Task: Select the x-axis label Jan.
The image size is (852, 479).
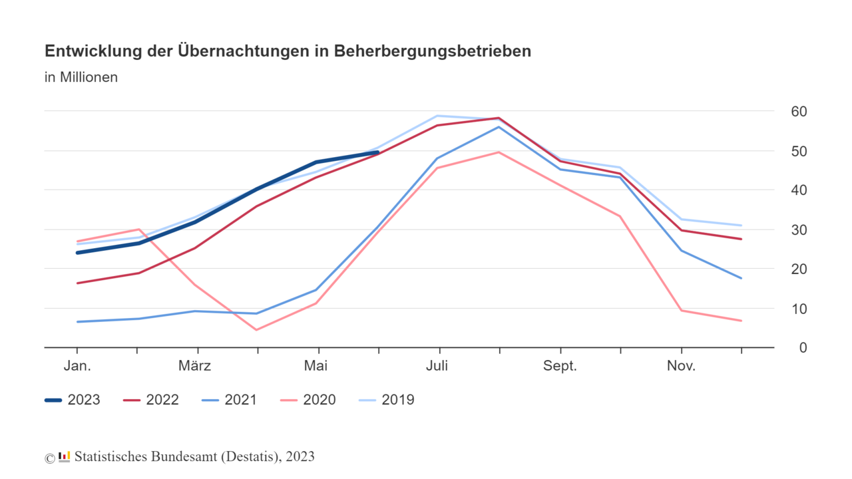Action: pos(77,366)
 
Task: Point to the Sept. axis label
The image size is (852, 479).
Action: pos(560,366)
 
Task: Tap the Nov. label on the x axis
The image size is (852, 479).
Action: pos(681,366)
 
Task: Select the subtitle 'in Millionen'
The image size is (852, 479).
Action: pos(81,77)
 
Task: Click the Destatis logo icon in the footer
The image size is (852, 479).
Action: pos(65,456)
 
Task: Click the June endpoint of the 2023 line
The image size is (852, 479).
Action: pos(379,152)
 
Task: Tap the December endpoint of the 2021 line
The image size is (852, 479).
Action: pos(742,278)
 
